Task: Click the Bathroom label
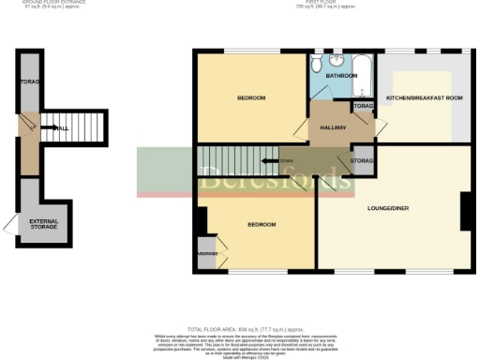(340, 75)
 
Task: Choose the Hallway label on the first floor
(334, 127)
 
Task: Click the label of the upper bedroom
(250, 98)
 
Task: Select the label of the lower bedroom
(261, 225)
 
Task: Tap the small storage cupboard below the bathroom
(363, 107)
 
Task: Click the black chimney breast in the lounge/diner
(465, 212)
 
